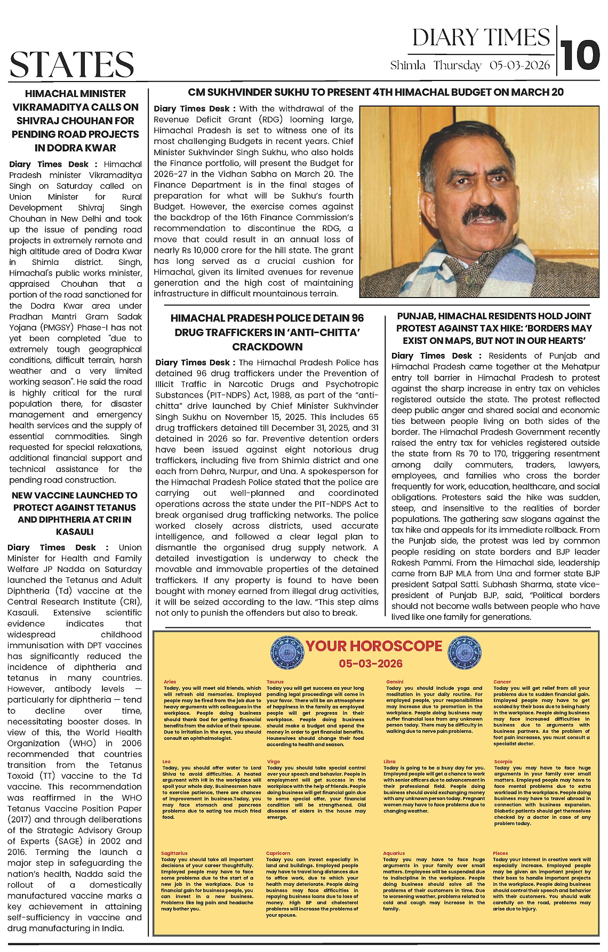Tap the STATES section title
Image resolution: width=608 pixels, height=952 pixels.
coord(72,64)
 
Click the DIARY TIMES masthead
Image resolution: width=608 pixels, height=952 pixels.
coord(481,37)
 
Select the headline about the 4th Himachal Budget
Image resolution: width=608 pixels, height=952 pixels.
coord(375,92)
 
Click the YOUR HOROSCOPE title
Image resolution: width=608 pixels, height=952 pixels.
coord(374,646)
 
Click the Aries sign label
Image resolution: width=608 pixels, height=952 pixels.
coord(170,682)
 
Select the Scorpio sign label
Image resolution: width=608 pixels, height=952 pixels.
coord(503,762)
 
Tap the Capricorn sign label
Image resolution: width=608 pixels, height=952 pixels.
coord(278,853)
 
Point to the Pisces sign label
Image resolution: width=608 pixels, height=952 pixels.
coord(500,853)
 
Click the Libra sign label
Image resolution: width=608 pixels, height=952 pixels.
coord(389,762)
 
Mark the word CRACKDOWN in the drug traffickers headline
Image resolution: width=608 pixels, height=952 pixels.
coord(267,346)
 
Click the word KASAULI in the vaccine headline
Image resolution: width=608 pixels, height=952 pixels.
coord(75,531)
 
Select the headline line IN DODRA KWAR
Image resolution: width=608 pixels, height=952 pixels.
coord(75,148)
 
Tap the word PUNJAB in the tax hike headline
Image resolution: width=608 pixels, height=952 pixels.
coord(417,316)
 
